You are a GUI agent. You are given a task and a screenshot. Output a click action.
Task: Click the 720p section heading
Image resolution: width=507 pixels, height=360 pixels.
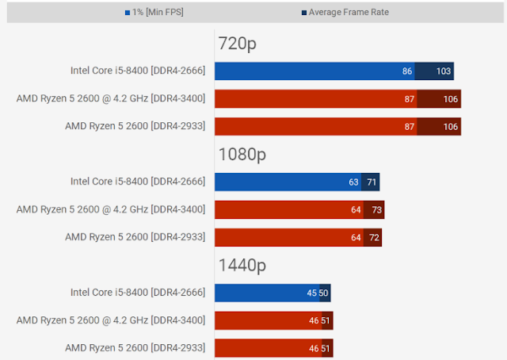point(236,44)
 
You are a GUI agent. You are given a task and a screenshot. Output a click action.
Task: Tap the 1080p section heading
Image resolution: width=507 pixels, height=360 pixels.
point(242,154)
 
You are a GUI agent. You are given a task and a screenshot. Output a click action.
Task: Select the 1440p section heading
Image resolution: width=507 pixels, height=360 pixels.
point(242,264)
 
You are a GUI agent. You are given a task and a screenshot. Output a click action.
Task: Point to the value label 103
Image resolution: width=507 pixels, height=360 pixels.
point(444,71)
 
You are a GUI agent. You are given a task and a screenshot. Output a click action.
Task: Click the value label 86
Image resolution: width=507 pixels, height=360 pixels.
point(407,71)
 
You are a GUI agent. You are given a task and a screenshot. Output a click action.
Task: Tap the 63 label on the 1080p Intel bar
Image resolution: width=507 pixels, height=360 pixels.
point(353,182)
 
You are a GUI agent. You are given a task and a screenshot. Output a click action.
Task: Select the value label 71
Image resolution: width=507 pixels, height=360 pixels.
point(372,182)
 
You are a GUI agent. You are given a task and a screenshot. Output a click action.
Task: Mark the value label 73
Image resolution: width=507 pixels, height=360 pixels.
point(376,209)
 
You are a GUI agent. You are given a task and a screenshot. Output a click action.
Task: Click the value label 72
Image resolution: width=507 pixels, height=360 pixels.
point(374,237)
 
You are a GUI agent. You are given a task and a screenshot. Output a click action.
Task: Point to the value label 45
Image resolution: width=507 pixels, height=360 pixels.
point(312,293)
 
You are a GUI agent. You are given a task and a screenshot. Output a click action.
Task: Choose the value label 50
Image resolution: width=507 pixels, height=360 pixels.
point(324,293)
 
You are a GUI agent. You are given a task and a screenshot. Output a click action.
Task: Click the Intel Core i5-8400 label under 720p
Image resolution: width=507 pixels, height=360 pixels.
point(138,71)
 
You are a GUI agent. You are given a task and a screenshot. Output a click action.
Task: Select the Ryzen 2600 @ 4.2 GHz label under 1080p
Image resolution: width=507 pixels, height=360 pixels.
point(111,209)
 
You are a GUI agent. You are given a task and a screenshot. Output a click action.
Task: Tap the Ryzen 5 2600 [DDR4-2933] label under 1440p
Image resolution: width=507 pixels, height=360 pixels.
point(135,347)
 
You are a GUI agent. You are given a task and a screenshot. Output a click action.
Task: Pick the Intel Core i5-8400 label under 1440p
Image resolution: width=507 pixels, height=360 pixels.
point(138,293)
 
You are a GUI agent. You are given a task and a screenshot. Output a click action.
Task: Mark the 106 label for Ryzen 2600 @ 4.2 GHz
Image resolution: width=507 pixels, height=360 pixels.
point(451,99)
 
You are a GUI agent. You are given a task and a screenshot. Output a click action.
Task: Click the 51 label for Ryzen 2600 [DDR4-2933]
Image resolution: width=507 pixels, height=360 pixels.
point(326,347)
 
